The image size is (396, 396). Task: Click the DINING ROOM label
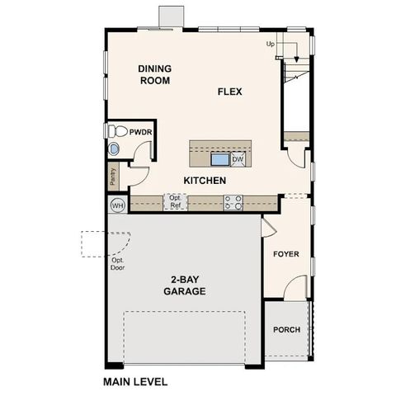(x=154, y=74)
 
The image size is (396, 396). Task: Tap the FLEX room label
(x=229, y=91)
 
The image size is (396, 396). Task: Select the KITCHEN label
(x=205, y=181)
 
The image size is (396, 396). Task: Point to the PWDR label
(x=139, y=132)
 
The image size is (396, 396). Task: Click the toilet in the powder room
(x=115, y=130)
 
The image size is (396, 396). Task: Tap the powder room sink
(x=113, y=149)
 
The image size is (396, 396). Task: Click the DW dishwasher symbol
(x=238, y=159)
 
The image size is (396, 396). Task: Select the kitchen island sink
(x=219, y=158)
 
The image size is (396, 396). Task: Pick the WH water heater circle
(x=116, y=205)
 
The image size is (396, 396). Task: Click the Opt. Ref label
(x=175, y=201)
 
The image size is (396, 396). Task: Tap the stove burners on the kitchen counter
(x=233, y=200)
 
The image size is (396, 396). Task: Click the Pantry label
(x=112, y=176)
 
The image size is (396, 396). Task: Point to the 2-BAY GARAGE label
(x=184, y=285)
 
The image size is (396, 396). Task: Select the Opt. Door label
(x=117, y=264)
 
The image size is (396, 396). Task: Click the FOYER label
(x=286, y=254)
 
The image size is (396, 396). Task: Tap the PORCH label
(x=286, y=330)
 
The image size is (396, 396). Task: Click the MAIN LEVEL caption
(x=135, y=382)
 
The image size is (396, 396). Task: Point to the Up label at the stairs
(x=271, y=44)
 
